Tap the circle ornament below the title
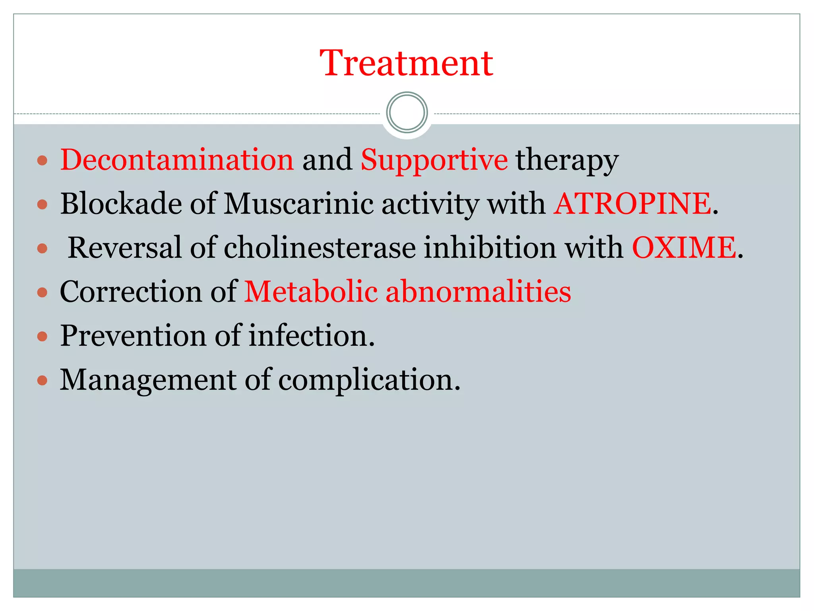pyautogui.click(x=407, y=113)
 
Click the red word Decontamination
pyautogui.click(x=177, y=160)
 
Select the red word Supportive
pyautogui.click(x=434, y=160)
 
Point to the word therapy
pyautogui.click(x=567, y=160)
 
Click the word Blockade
pyautogui.click(x=121, y=204)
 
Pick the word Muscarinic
pyautogui.click(x=298, y=204)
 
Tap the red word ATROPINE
pyautogui.click(x=632, y=204)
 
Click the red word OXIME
pyautogui.click(x=684, y=248)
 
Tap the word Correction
pyautogui.click(x=131, y=292)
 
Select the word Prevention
pyautogui.click(x=133, y=336)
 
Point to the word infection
pyautogui.click(x=312, y=336)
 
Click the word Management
pyautogui.click(x=148, y=380)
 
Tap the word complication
pyautogui.click(x=369, y=380)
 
